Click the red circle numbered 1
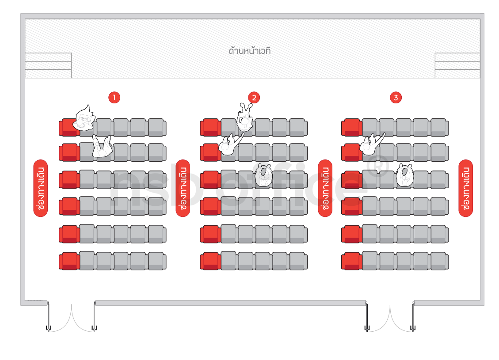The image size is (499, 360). coord(114,97)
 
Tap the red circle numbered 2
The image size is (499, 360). coord(254,97)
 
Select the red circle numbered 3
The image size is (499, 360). coord(396,97)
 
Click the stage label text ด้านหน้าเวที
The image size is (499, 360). coord(250,50)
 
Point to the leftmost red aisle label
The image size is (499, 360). coord(40,188)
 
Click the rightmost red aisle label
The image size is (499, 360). coord(465,188)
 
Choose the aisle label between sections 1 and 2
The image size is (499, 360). coord(183,188)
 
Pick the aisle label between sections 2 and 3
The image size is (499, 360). coord(325,188)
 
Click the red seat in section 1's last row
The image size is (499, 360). coord(69,261)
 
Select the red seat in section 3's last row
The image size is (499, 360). coord(351,261)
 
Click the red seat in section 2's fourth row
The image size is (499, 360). coord(210,206)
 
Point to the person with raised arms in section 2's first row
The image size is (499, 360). coord(245,117)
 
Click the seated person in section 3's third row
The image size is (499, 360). coord(404,175)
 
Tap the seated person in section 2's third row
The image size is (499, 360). coord(263,175)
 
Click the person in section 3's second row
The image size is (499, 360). coord(371,144)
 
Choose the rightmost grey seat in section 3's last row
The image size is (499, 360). coord(439,261)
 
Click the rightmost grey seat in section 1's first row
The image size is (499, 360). coord(157,127)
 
